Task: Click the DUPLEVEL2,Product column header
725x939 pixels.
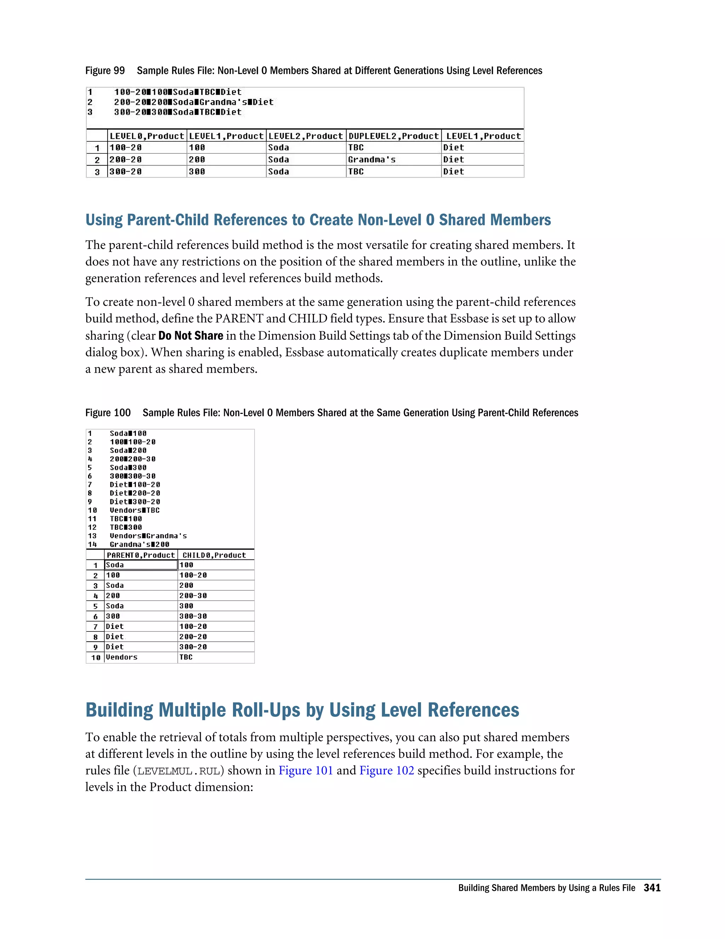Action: (x=393, y=136)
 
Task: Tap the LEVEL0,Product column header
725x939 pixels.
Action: (x=147, y=136)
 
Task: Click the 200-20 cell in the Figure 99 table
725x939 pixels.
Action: (x=125, y=159)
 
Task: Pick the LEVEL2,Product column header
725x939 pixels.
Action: (x=306, y=136)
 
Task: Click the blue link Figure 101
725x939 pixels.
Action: (x=306, y=770)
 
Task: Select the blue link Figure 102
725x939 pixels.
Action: (x=387, y=770)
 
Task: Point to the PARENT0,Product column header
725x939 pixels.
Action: (x=141, y=555)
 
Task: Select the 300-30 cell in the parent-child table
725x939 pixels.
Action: (x=193, y=616)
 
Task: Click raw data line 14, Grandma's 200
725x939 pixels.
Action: (x=139, y=544)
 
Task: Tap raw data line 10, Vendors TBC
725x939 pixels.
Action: (x=135, y=510)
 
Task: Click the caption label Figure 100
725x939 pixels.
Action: (x=108, y=413)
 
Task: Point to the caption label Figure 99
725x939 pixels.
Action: (x=105, y=71)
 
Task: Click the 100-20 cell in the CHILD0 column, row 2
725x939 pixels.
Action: (x=193, y=575)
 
